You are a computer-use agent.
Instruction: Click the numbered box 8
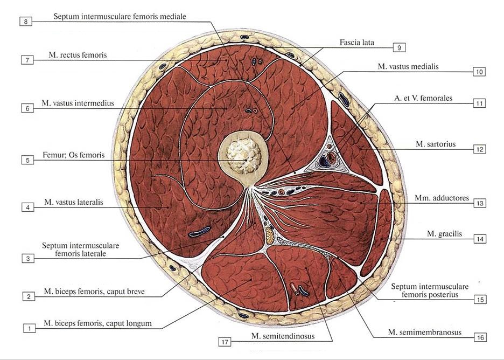(x=26, y=22)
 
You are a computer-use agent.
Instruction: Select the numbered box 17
(x=225, y=341)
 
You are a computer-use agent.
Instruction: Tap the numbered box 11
(x=479, y=103)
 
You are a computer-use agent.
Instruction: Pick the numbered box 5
(x=27, y=160)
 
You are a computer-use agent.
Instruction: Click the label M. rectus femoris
(x=78, y=54)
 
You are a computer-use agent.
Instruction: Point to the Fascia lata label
(x=357, y=42)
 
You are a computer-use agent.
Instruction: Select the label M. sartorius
(x=436, y=144)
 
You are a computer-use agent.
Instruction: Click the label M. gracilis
(x=444, y=233)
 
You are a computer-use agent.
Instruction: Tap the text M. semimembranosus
(x=425, y=332)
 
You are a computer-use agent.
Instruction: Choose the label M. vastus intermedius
(x=78, y=103)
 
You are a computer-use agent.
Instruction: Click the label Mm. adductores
(x=442, y=198)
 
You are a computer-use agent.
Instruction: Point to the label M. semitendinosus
(x=283, y=336)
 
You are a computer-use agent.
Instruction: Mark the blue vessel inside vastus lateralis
(x=199, y=231)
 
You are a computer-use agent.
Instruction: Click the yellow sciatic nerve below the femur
(x=270, y=236)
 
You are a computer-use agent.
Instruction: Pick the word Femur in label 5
(x=52, y=155)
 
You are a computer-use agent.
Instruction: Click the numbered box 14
(x=480, y=239)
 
